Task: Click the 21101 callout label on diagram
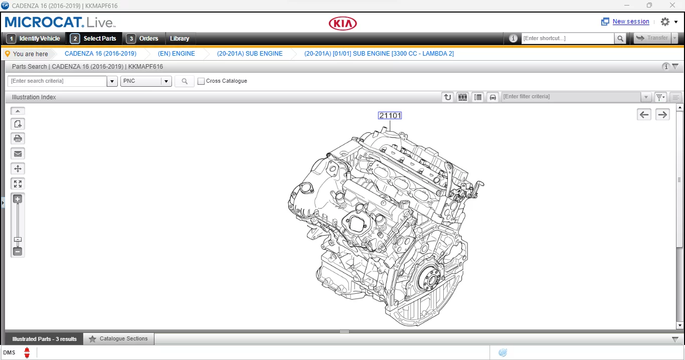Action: tap(390, 116)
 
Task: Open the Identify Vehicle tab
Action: tap(34, 39)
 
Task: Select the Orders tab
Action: tap(143, 39)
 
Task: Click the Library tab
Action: tap(180, 39)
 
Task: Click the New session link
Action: tap(630, 22)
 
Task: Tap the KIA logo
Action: tap(342, 24)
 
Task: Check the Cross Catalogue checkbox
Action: tap(201, 81)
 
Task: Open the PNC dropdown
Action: tap(146, 81)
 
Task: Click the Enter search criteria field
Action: tap(57, 81)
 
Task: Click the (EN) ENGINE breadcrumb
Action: tap(176, 54)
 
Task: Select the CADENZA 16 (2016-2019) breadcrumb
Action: tap(100, 54)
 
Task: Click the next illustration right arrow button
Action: tap(662, 115)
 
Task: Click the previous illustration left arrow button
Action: tap(644, 115)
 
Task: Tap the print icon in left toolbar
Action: tap(18, 139)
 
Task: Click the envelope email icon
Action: tap(18, 154)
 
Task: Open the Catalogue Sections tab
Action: tap(119, 339)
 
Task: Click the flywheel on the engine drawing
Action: tap(429, 281)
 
